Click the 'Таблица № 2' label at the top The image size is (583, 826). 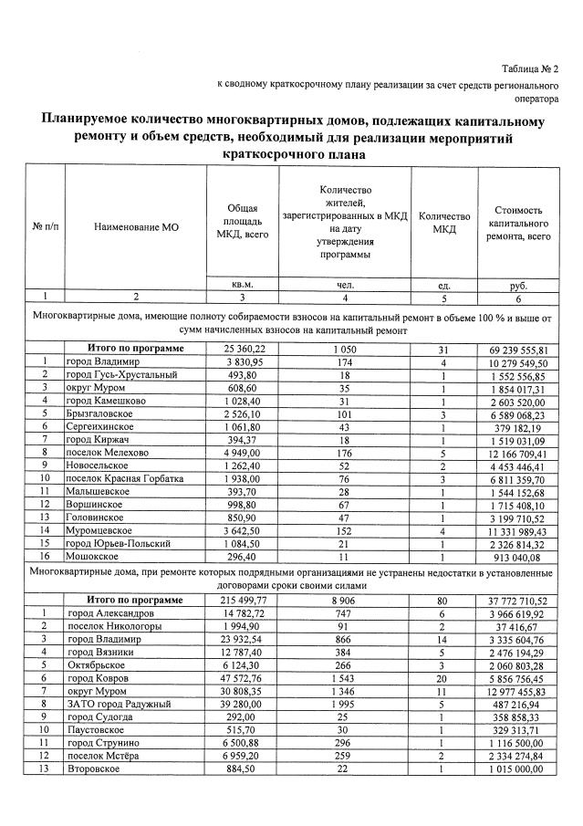tap(530, 69)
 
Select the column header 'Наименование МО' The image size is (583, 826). tap(136, 224)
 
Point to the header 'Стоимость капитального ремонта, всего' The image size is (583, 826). tap(518, 223)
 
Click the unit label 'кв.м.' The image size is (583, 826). tap(242, 285)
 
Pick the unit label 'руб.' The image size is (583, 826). tap(518, 285)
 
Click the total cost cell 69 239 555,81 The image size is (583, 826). tap(517, 350)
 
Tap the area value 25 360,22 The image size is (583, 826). tap(242, 350)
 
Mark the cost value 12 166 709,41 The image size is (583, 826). tap(517, 452)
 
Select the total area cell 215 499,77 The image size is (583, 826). tap(242, 601)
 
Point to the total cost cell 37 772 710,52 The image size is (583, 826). tap(517, 601)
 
